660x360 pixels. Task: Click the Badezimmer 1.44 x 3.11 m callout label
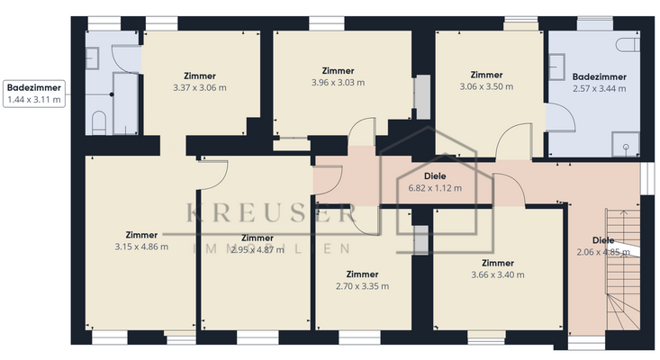point(34,94)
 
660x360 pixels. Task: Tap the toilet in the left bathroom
point(98,121)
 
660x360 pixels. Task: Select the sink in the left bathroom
point(93,58)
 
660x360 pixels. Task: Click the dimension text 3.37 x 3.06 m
point(199,88)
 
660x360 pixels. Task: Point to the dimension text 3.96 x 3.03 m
point(338,82)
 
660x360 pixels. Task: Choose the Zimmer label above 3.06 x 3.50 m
point(486,75)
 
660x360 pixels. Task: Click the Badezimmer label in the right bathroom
point(599,77)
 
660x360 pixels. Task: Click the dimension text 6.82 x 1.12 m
point(435,188)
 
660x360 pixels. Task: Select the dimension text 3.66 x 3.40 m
point(498,274)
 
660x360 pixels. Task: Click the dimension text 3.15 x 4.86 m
point(141,247)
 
